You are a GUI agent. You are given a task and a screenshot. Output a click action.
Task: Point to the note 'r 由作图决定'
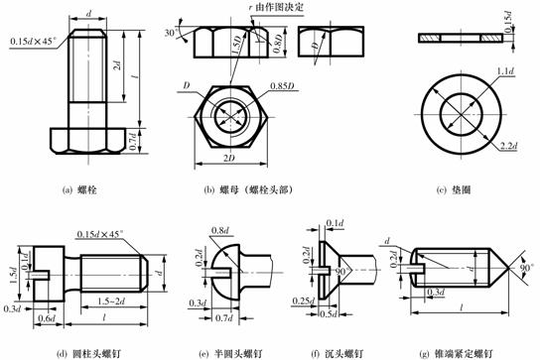tap(268, 9)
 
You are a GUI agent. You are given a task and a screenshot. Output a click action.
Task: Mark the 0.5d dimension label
tap(324, 315)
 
